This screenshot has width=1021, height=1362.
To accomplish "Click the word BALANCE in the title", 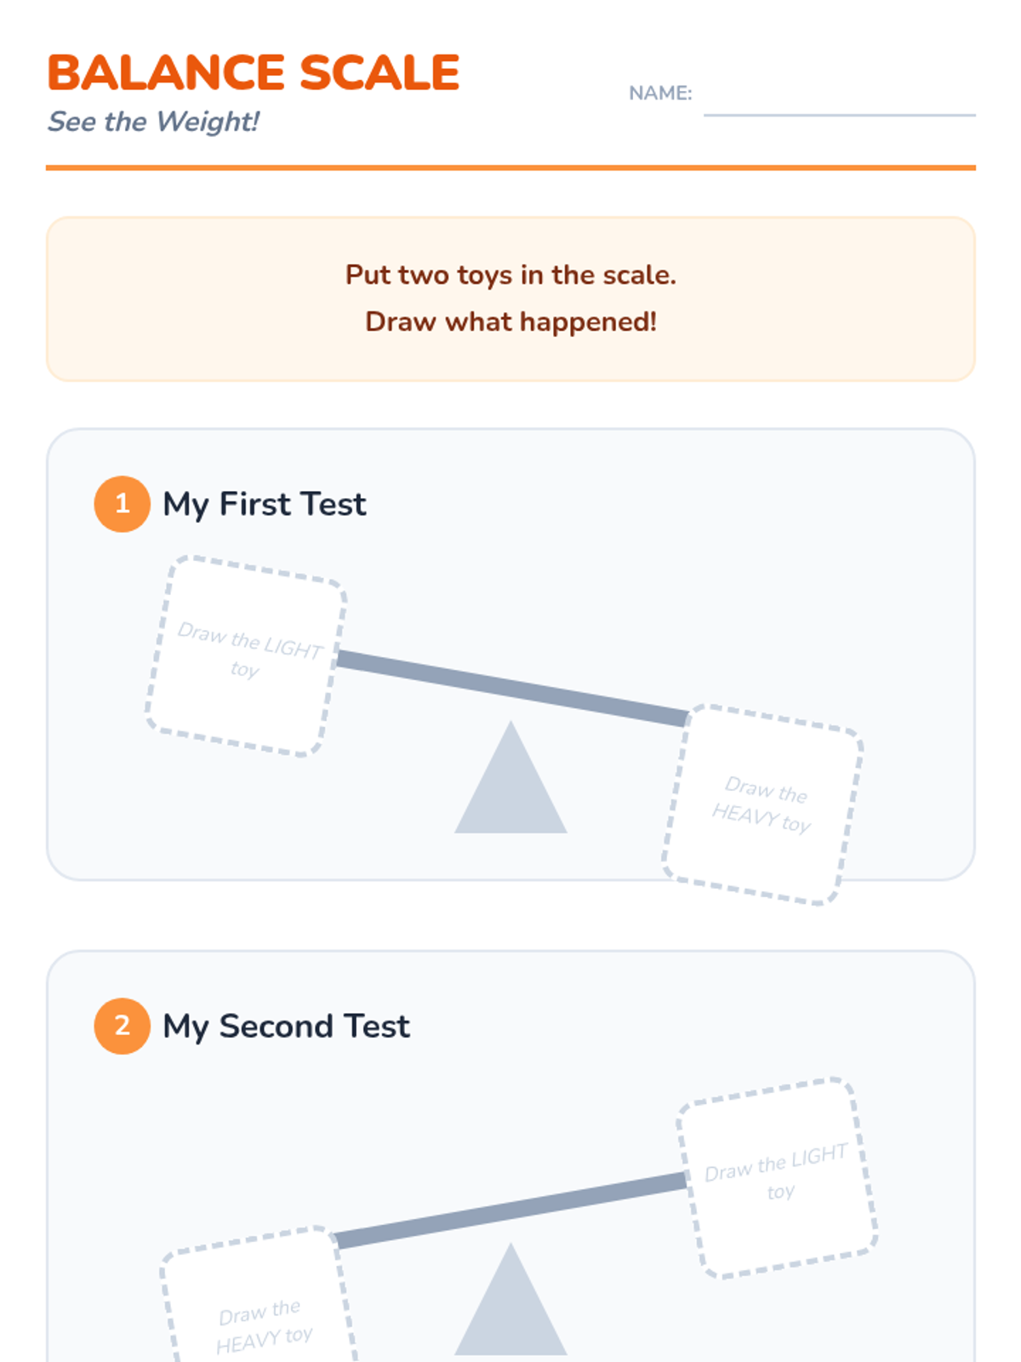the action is (x=166, y=72).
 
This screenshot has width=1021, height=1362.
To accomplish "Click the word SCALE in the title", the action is (x=379, y=72).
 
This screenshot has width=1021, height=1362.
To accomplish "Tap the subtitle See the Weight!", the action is (x=153, y=122).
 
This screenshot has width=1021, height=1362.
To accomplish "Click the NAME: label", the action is (x=660, y=93).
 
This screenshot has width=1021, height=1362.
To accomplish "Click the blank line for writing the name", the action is (x=840, y=115).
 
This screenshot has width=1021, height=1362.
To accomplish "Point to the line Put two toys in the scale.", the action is (x=510, y=275).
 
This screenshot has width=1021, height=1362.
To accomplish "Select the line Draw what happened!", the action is (x=510, y=322).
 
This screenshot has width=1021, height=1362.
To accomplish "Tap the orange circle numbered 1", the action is (x=123, y=504).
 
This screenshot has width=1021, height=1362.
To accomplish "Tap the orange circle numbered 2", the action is (x=123, y=1026).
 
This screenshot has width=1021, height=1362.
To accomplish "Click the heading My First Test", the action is (x=264, y=504).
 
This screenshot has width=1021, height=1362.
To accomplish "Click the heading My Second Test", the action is (x=286, y=1026).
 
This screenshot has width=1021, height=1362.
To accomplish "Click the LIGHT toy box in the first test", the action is (x=246, y=656).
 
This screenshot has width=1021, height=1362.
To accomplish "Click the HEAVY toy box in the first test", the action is (x=762, y=804).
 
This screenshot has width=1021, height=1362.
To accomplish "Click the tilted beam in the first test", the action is (x=513, y=688).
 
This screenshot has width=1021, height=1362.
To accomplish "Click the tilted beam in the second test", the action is (x=510, y=1210).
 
